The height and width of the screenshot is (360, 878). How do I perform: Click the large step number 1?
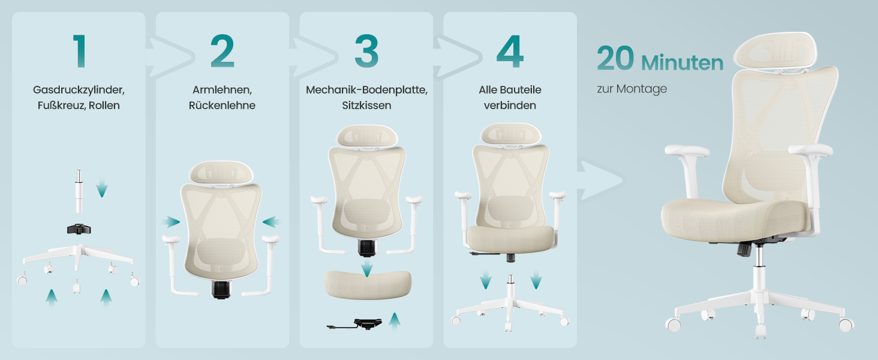[80, 51]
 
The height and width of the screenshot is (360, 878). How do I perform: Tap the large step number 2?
[222, 51]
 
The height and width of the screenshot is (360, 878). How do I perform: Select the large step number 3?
[366, 51]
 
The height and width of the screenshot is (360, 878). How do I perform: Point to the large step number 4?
[510, 52]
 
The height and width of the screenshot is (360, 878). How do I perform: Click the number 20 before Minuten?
[615, 58]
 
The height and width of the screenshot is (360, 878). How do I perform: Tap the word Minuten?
[682, 63]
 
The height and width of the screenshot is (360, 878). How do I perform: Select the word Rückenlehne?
[222, 105]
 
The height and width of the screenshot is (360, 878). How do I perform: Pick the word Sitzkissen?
[366, 105]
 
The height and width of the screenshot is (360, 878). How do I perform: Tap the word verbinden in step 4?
[510, 105]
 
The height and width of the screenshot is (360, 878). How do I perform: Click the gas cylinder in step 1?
[79, 191]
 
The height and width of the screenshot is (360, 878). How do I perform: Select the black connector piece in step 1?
[79, 229]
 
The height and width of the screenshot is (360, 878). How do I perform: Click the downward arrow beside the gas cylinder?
[102, 188]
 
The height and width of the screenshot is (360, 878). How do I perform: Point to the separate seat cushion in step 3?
[368, 284]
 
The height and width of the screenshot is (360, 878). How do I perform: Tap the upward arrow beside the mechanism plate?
[395, 320]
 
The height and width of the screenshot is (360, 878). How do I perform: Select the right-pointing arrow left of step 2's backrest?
[172, 222]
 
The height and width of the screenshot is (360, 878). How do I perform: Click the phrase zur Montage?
[632, 89]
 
